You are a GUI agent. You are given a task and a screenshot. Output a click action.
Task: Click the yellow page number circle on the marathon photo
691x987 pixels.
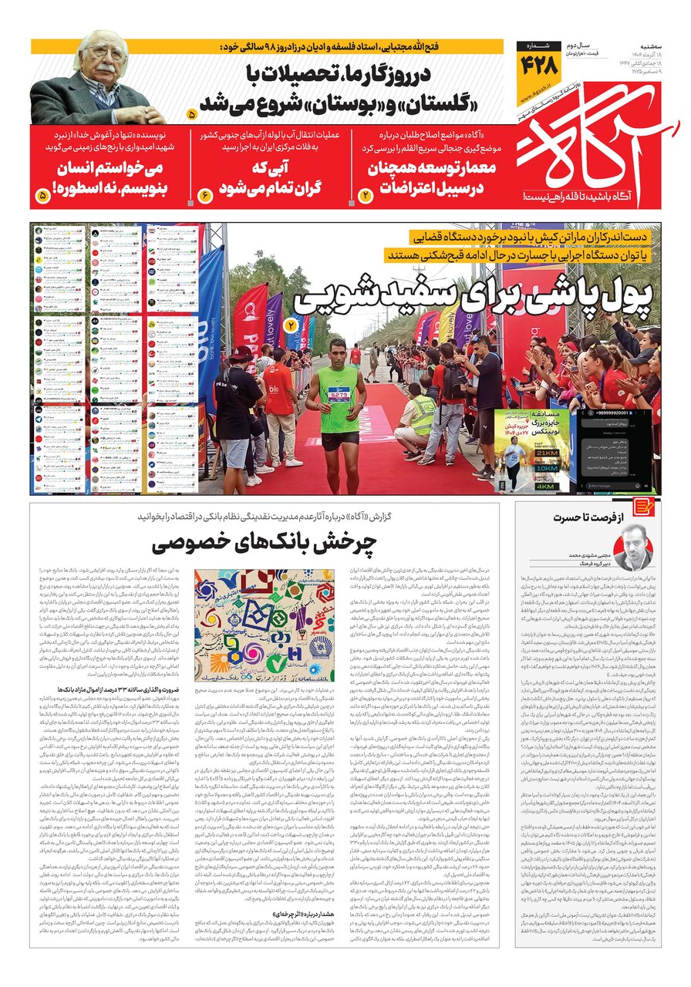tap(291, 325)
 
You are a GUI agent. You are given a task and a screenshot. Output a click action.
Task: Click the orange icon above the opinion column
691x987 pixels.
tap(643, 507)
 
